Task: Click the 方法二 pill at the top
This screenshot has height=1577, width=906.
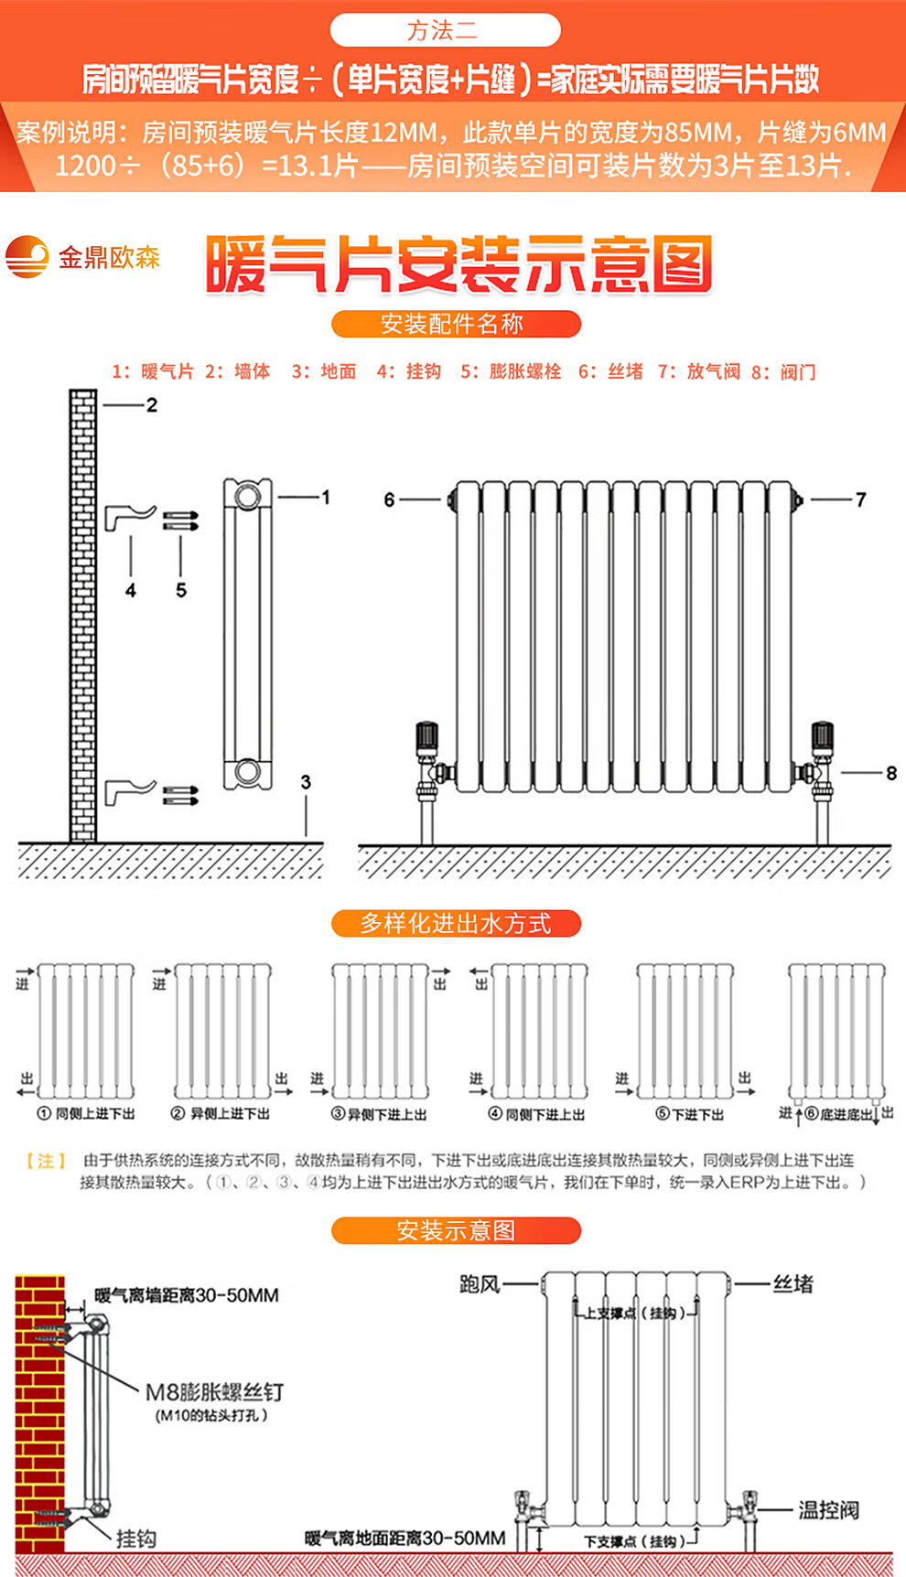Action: [445, 30]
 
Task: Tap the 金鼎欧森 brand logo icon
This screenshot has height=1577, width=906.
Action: [27, 257]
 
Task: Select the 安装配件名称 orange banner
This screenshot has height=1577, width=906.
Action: [455, 324]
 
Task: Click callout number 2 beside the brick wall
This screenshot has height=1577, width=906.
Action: [152, 404]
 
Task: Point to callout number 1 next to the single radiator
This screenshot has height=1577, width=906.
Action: [325, 497]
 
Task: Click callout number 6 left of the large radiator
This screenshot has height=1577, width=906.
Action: [389, 499]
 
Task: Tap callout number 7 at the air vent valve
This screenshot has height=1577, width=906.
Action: [860, 499]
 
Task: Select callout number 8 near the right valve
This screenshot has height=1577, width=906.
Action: [890, 773]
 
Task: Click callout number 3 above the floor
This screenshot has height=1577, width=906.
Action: [306, 782]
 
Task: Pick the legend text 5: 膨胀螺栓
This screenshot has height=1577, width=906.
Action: [511, 371]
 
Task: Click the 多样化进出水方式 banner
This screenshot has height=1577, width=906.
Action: [455, 924]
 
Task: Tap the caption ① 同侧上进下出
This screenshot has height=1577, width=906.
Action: [86, 1113]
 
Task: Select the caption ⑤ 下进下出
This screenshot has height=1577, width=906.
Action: [690, 1114]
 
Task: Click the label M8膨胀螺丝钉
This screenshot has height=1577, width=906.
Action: [215, 1392]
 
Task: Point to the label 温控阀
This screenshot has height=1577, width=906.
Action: [828, 1510]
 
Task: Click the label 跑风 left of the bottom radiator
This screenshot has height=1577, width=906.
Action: [480, 1284]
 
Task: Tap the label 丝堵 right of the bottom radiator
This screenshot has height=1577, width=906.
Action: [793, 1284]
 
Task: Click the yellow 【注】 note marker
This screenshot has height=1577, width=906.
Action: [46, 1160]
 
